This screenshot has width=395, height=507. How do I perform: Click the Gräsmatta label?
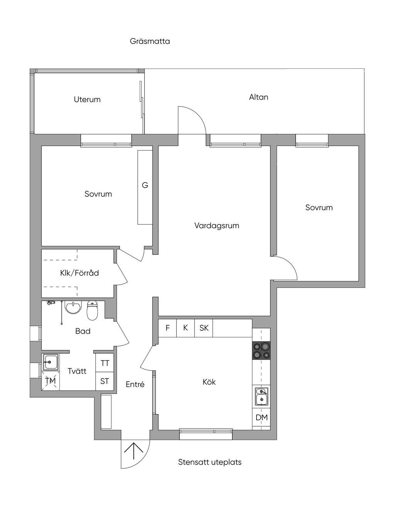click(150, 41)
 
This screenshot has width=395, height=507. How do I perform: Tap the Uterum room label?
click(87, 100)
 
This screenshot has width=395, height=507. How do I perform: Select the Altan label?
click(258, 97)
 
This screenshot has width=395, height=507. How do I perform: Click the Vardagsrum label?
click(216, 226)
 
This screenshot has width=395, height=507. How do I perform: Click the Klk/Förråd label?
click(79, 273)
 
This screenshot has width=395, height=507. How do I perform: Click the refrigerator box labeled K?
click(186, 328)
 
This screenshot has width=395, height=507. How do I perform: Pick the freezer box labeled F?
click(167, 328)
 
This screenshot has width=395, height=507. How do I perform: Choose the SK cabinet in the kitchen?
click(204, 328)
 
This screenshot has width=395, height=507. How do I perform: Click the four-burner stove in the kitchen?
click(262, 351)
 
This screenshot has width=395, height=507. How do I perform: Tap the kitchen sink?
click(262, 396)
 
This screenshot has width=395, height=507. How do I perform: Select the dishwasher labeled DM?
click(262, 417)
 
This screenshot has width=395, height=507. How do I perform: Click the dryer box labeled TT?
click(105, 363)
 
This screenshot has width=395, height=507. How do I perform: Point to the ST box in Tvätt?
click(105, 381)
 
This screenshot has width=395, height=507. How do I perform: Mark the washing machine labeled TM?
click(51, 381)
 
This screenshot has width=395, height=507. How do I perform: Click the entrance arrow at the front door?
click(134, 451)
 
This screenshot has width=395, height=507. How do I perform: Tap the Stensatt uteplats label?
click(210, 462)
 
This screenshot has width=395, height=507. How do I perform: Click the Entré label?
click(135, 385)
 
